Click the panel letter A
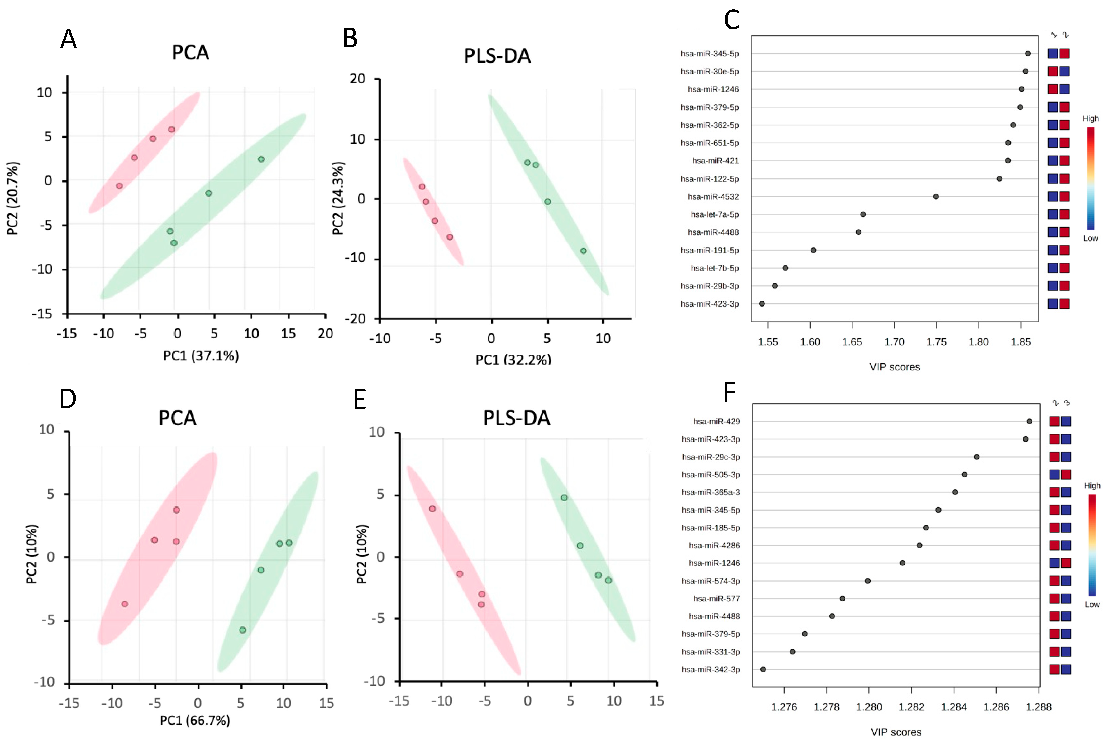pos(69,39)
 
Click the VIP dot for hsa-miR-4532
pos(936,196)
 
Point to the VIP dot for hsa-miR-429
pos(1029,421)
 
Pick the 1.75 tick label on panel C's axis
pos(936,342)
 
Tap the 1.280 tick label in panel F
pos(869,707)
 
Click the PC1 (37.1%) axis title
pos(201,356)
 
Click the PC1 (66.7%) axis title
pos(195,720)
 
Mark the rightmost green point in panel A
pos(261,159)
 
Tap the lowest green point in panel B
pos(583,251)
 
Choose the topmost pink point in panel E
pos(432,509)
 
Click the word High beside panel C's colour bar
pos(1090,119)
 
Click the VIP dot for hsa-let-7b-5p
pos(785,268)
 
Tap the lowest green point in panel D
pos(242,630)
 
